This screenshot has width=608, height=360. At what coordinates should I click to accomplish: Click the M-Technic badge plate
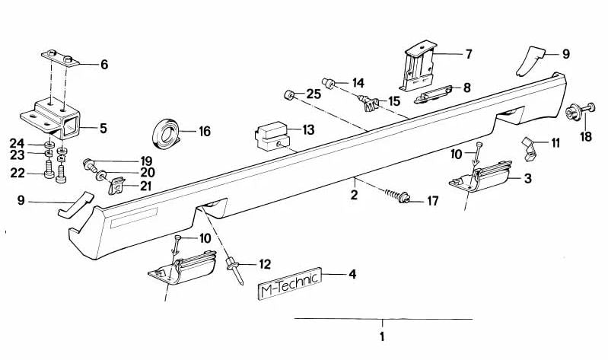pyautogui.click(x=288, y=287)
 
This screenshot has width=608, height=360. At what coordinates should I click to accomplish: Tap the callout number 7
pyautogui.click(x=469, y=54)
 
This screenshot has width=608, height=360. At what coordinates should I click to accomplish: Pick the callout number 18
pyautogui.click(x=585, y=137)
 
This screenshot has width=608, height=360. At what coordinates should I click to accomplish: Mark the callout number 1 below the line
pyautogui.click(x=382, y=335)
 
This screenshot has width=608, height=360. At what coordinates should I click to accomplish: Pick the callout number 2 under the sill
pyautogui.click(x=353, y=195)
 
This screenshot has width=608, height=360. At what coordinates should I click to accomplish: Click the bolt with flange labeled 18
pyautogui.click(x=574, y=113)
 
